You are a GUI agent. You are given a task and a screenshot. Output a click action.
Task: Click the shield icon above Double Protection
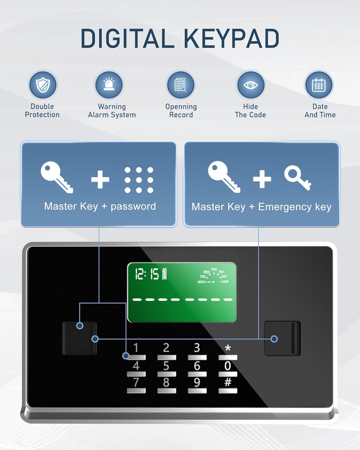pos(43,85)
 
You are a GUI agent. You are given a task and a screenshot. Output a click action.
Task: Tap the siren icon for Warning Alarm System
pos(109,85)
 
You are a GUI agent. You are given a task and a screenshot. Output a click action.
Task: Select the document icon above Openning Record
pos(181,85)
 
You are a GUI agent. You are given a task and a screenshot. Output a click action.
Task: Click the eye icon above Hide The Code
pos(250,85)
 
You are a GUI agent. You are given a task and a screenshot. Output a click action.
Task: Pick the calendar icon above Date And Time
pos(319,85)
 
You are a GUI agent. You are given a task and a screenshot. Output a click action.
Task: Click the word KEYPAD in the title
pos(231,39)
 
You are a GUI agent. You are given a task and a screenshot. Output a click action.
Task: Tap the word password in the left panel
pos(133,206)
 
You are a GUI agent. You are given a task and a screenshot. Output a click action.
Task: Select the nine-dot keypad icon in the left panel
pos(139,180)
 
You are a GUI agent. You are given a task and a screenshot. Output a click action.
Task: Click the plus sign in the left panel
pos(100,179)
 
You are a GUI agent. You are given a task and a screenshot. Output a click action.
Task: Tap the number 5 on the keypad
pos(166,366)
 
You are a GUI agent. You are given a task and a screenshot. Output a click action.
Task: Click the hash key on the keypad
pos(228,382)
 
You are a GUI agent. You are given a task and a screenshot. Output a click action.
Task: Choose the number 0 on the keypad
pos(228,366)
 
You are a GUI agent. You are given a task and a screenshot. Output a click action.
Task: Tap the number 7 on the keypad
pos(136,382)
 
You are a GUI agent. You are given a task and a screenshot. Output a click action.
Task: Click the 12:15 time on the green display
pos(147,274)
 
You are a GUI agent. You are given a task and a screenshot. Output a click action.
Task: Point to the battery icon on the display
pos(164,274)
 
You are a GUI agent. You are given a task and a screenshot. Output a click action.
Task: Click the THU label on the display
pos(214,269)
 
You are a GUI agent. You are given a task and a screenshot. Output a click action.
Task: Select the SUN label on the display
pos(226,282)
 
